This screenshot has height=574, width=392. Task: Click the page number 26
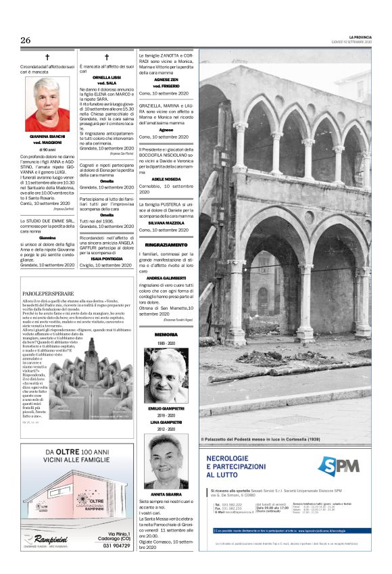click(26, 40)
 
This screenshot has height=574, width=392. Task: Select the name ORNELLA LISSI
click(107, 78)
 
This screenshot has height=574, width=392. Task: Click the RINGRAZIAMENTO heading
click(166, 244)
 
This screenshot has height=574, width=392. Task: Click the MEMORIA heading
click(166, 335)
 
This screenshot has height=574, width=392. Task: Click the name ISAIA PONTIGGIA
click(107, 258)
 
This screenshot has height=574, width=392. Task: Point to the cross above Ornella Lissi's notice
click(107, 58)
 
